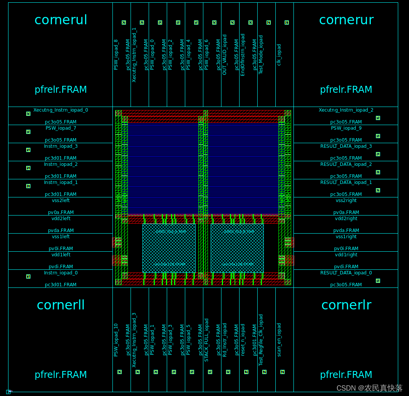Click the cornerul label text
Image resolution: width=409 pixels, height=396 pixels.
tap(61, 20)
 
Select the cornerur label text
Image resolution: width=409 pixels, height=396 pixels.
tap(346, 20)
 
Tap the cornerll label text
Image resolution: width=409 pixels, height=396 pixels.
tap(61, 305)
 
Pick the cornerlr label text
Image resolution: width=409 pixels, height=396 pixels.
tap(346, 305)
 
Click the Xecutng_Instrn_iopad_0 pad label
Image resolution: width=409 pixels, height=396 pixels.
tap(61, 110)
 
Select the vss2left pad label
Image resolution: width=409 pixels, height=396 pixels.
tap(61, 201)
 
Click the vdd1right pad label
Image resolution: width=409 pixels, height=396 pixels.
tap(346, 255)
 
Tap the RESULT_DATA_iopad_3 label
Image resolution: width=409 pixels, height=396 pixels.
tap(346, 146)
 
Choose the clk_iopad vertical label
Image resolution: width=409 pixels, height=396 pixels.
tap(279, 55)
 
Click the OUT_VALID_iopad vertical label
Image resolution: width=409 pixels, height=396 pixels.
tap(225, 55)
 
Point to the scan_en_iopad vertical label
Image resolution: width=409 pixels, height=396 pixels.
tap(279, 339)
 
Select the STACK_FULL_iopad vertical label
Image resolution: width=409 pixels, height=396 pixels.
tap(207, 340)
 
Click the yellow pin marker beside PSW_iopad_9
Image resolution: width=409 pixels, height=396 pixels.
tap(378, 136)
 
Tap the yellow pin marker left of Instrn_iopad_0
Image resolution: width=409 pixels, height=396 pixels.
tap(28, 276)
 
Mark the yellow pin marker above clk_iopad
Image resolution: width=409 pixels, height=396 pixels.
tap(287, 23)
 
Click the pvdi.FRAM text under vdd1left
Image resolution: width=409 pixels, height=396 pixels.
tap(61, 267)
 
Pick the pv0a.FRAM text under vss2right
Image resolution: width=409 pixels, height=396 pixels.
tap(346, 212)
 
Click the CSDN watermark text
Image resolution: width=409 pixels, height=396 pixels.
tap(369, 388)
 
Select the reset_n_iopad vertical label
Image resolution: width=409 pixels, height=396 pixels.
tap(243, 339)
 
